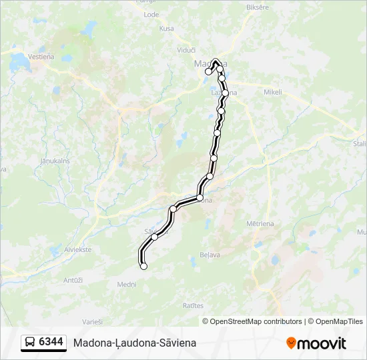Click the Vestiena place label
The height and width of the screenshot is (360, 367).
[41, 57]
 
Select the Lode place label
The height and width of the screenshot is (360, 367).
[151, 13]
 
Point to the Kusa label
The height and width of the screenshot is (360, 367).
[166, 28]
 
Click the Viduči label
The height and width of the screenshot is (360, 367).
[186, 50]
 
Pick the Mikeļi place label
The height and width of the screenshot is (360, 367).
[274, 92]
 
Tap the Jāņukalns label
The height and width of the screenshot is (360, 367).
[55, 161]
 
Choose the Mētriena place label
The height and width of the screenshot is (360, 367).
[260, 224]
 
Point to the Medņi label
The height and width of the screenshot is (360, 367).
[127, 283]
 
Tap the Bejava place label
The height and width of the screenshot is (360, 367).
[210, 255]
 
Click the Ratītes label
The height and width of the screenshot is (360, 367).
[193, 305]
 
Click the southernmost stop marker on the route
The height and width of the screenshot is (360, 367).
[143, 266]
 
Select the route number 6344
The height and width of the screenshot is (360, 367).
[51, 343]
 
